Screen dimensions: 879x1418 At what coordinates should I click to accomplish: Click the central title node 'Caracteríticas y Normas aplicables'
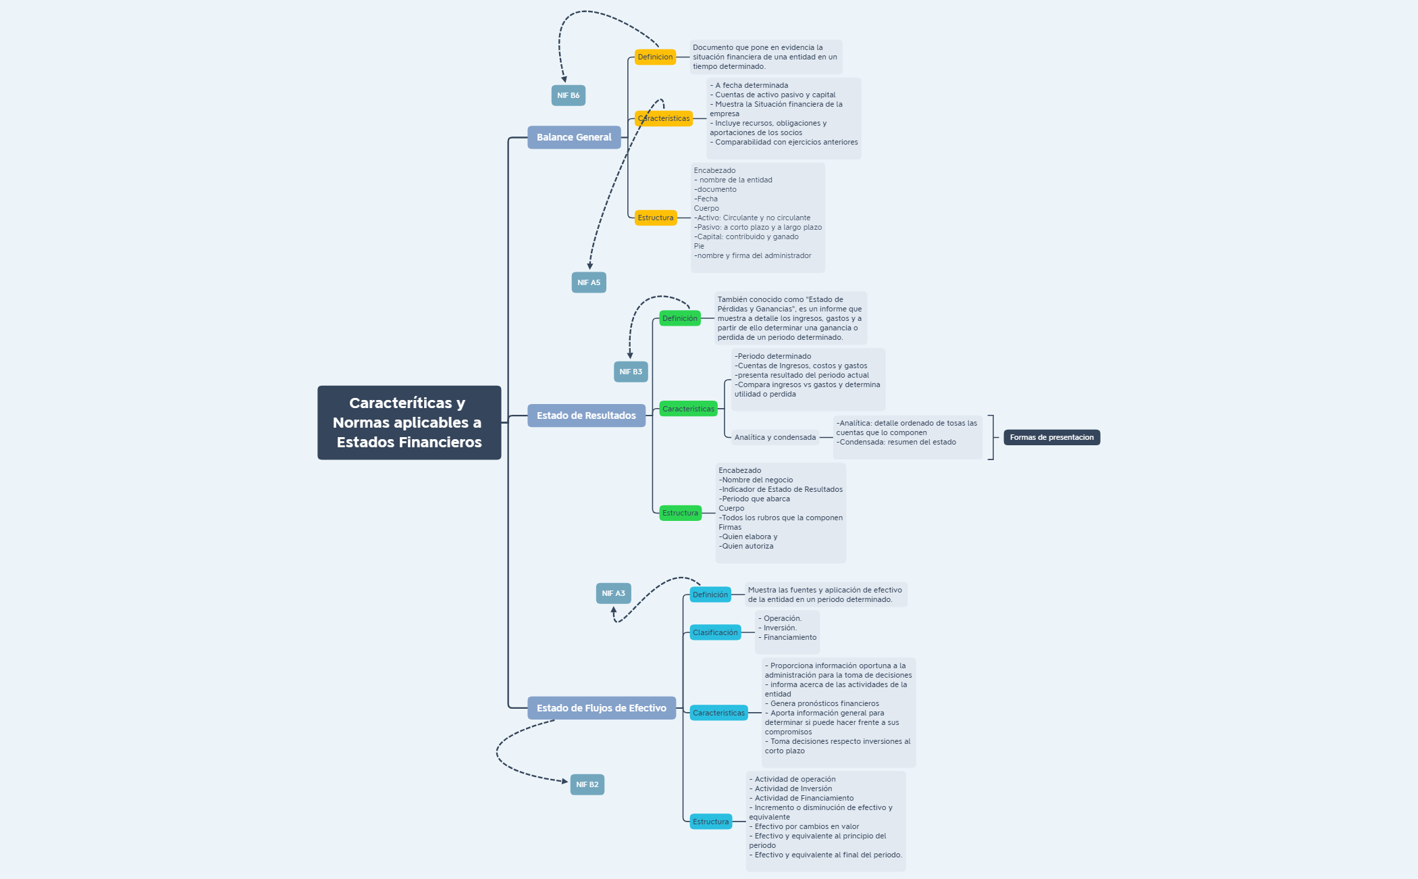tap(409, 422)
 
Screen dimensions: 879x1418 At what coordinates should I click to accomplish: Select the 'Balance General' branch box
tap(574, 137)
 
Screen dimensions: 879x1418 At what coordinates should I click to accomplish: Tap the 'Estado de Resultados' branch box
tap(586, 416)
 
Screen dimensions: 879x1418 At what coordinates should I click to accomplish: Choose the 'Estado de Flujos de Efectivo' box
tap(601, 708)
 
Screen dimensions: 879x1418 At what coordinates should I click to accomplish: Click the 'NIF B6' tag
tap(568, 95)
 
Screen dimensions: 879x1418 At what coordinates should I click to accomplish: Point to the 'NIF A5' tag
tap(588, 282)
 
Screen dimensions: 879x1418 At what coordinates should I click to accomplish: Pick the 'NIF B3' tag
tap(631, 372)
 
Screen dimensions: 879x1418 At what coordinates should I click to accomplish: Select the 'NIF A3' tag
tap(613, 593)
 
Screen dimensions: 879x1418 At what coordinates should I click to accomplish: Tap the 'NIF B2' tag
tap(587, 784)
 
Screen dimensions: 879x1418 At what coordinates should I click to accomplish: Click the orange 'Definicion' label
tap(655, 57)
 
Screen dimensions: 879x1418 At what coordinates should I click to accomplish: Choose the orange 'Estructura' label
tap(655, 218)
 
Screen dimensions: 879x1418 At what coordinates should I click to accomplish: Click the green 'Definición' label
tap(679, 318)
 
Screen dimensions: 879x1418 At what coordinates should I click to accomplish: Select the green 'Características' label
tap(688, 409)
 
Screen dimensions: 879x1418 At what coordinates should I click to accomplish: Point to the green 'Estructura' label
tap(680, 513)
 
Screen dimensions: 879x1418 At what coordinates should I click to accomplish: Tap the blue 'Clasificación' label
tap(715, 632)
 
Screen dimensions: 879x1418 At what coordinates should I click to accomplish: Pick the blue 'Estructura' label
tap(710, 822)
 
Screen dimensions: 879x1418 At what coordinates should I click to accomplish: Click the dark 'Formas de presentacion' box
tap(1051, 437)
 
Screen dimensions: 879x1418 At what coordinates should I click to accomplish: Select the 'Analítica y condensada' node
tap(774, 437)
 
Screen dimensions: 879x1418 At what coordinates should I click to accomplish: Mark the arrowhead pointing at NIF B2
tap(564, 781)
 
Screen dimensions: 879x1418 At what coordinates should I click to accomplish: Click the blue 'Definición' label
tap(710, 595)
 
